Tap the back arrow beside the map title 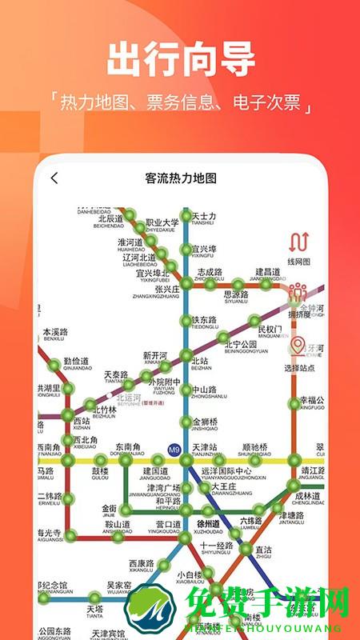coord(54,178)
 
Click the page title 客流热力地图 coord(181,178)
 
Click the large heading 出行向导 coord(181,60)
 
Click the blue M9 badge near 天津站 coord(174,449)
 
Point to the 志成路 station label coord(210,273)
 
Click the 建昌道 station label coord(268,273)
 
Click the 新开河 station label coord(155,356)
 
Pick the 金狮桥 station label coord(205,422)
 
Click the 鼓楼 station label coord(100,471)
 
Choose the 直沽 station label coord(264,550)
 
